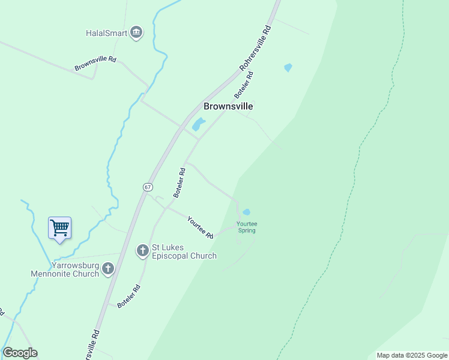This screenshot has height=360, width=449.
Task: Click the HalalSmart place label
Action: pyautogui.click(x=107, y=33)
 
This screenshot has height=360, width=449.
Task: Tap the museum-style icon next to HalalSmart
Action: pyautogui.click(x=136, y=32)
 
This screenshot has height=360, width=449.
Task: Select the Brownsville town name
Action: pyautogui.click(x=228, y=106)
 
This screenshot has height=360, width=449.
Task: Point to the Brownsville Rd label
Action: pyautogui.click(x=95, y=64)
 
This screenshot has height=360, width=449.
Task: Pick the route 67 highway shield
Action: pyautogui.click(x=148, y=187)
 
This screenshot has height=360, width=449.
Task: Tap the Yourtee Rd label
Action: pyautogui.click(x=200, y=227)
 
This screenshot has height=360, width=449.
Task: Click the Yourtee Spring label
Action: pyautogui.click(x=246, y=227)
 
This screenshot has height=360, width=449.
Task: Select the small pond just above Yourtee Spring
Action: pyautogui.click(x=246, y=212)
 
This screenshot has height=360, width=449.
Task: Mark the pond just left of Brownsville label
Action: pyautogui.click(x=197, y=124)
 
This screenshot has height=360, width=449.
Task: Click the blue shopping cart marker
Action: pyautogui.click(x=59, y=228)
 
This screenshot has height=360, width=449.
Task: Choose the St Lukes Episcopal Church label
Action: pyautogui.click(x=184, y=252)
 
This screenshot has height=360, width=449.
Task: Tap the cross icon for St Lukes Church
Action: pyautogui.click(x=142, y=250)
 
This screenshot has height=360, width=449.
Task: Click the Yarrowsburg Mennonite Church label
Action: pyautogui.click(x=65, y=270)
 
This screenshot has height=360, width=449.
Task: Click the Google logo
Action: pyautogui.click(x=20, y=353)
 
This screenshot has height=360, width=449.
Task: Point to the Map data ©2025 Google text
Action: pyautogui.click(x=412, y=355)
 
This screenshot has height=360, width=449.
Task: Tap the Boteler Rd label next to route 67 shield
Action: pyautogui.click(x=179, y=183)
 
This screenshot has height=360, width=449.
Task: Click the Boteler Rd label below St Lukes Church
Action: pyautogui.click(x=129, y=296)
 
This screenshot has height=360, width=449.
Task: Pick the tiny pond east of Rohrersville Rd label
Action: pyautogui.click(x=288, y=68)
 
